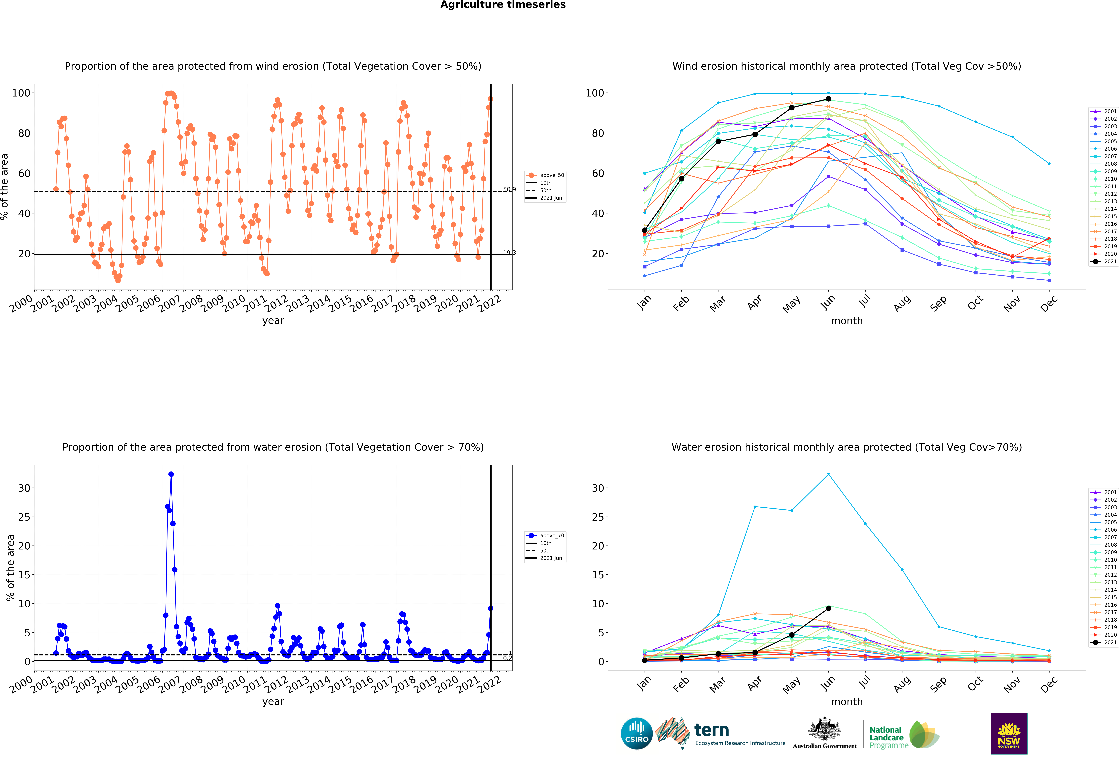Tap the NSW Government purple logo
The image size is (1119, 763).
point(1009,733)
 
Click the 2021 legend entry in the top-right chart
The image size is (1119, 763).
point(1103,262)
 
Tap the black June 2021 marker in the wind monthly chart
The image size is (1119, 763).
point(828,99)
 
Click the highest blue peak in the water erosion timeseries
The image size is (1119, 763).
point(171,474)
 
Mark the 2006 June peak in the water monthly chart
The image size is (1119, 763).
point(828,474)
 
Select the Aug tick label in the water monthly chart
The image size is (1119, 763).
point(901,684)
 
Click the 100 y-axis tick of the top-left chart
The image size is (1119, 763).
point(21,93)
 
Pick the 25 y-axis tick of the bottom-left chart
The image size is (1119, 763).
point(24,517)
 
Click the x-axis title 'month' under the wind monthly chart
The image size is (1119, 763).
point(846,321)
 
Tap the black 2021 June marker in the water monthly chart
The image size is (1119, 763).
point(828,608)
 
